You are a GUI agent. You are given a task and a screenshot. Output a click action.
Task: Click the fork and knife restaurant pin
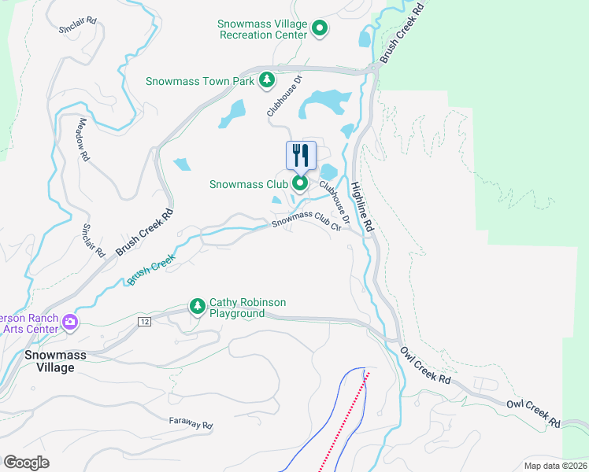tap(300, 155)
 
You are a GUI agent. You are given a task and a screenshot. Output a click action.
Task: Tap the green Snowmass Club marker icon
tap(300, 184)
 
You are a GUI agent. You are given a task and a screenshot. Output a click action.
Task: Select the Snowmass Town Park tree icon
tap(267, 80)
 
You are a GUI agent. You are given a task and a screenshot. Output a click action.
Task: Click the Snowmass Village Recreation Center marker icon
tap(320, 30)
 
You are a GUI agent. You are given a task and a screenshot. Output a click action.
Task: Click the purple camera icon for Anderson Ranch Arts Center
tap(70, 321)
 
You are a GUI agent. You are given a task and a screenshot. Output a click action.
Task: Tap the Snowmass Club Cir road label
tap(311, 220)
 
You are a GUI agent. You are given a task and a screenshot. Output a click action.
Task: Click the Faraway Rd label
tap(191, 423)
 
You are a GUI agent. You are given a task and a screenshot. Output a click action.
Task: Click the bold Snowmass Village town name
tap(54, 361)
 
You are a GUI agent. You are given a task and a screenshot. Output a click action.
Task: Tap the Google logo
tap(26, 462)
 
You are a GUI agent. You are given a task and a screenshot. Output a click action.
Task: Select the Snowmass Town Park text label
tap(200, 81)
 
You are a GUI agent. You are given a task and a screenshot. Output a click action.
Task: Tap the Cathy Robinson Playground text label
tap(247, 308)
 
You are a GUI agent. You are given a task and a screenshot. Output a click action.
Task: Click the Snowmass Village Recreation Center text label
tap(262, 30)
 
